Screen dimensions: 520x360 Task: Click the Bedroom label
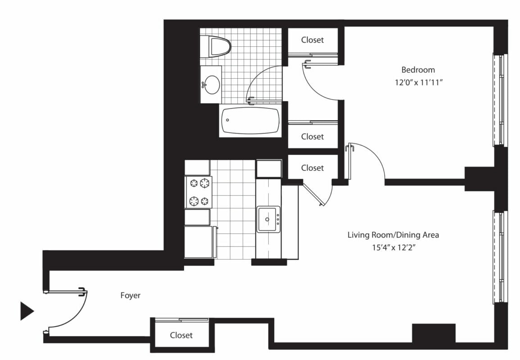point(418,70)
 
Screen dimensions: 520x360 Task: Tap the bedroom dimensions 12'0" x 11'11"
point(419,82)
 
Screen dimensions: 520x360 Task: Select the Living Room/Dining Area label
point(393,235)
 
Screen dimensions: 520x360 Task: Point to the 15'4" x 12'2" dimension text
point(393,247)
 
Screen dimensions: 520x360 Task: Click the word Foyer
point(130,295)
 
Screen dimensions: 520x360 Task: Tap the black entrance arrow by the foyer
point(27,311)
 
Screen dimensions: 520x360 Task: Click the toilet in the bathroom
point(216,47)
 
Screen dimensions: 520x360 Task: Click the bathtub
point(250,120)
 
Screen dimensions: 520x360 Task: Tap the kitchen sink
point(268,219)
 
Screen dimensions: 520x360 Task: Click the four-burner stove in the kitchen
point(199,192)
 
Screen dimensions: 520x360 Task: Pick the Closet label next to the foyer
point(181,335)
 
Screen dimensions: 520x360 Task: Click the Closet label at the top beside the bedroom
point(312,40)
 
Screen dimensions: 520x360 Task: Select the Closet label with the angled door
point(312,168)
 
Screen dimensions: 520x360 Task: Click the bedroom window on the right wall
point(500,99)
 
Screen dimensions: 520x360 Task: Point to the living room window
point(500,257)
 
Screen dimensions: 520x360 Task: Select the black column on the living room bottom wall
point(434,333)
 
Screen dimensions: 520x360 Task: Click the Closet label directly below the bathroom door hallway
point(312,136)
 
